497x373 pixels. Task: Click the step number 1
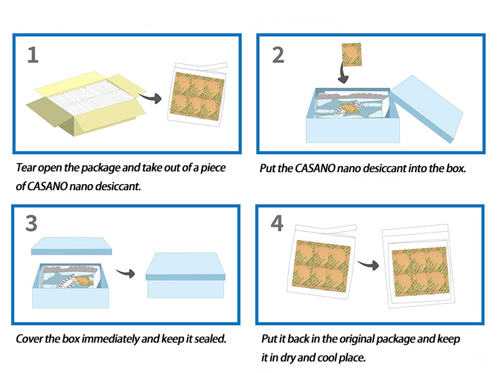[33, 55]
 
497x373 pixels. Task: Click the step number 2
[278, 55]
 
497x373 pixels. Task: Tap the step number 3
[32, 223]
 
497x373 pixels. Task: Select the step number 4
[277, 223]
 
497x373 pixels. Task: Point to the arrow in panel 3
[126, 274]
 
